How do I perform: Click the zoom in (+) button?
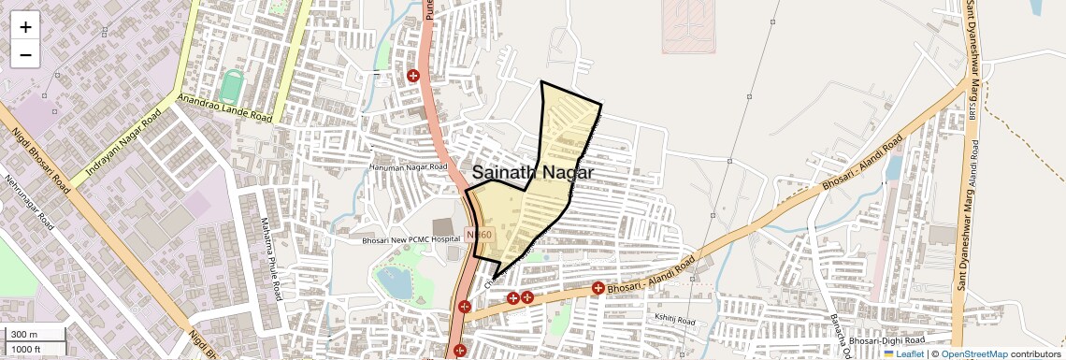(25, 26)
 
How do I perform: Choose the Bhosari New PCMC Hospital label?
(411, 240)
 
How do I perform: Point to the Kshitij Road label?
(675, 322)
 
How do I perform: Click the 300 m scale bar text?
(23, 335)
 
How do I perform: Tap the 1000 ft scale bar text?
(26, 349)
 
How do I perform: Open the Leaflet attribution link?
(903, 353)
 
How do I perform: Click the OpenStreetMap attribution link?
(973, 353)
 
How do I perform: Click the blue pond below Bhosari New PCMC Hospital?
(394, 281)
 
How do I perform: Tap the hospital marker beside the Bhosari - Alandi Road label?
(598, 289)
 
